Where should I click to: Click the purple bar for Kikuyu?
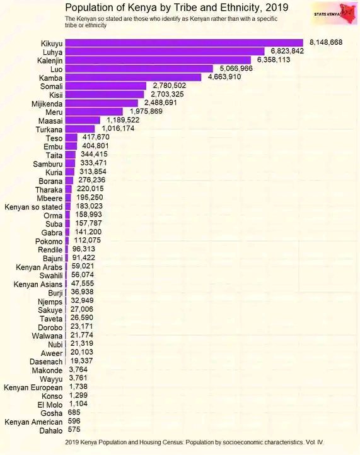[x=184, y=43]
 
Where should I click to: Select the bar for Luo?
[x=139, y=69]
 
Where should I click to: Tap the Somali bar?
[x=105, y=86]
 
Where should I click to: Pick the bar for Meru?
[x=94, y=112]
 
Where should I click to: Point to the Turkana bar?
[x=80, y=129]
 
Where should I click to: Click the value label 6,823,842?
[x=287, y=51]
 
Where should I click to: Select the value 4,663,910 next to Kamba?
[x=224, y=77]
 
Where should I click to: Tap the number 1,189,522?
[x=123, y=120]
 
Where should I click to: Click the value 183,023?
[x=90, y=206]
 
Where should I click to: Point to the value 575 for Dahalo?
[x=74, y=430]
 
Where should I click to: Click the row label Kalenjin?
[x=50, y=61]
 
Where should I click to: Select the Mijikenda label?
[x=47, y=104]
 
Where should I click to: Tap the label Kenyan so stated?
[x=33, y=207]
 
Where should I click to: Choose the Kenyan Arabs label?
[x=39, y=267]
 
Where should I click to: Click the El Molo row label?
[x=50, y=405]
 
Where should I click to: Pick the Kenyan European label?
[x=33, y=387]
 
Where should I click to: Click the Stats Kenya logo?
[x=335, y=14]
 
